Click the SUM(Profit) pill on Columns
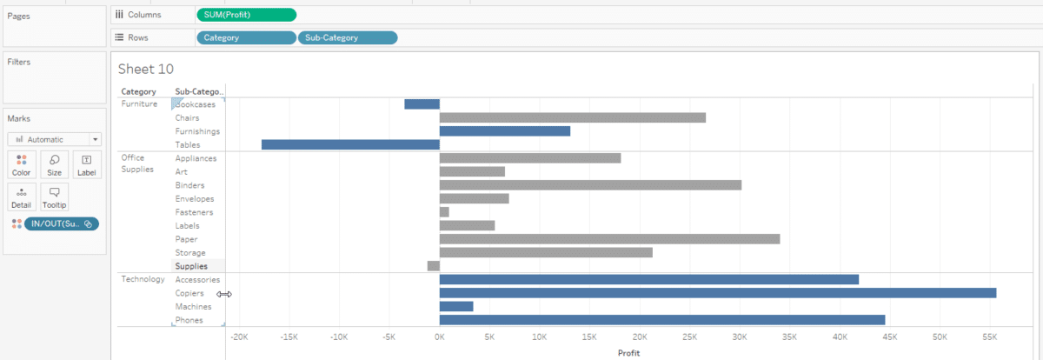click(x=246, y=15)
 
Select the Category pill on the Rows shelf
click(x=246, y=37)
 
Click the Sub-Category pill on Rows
click(x=348, y=37)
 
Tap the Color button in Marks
click(x=22, y=164)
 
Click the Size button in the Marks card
click(x=54, y=164)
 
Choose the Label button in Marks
click(x=86, y=164)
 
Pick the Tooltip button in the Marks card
click(x=54, y=197)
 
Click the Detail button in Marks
click(x=22, y=197)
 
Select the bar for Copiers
click(x=718, y=293)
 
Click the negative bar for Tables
click(x=350, y=144)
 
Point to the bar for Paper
click(x=609, y=239)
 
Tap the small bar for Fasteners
click(x=444, y=212)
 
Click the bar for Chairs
click(x=572, y=117)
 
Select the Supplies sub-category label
click(x=191, y=266)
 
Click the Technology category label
click(x=143, y=279)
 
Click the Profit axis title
click(x=629, y=353)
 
